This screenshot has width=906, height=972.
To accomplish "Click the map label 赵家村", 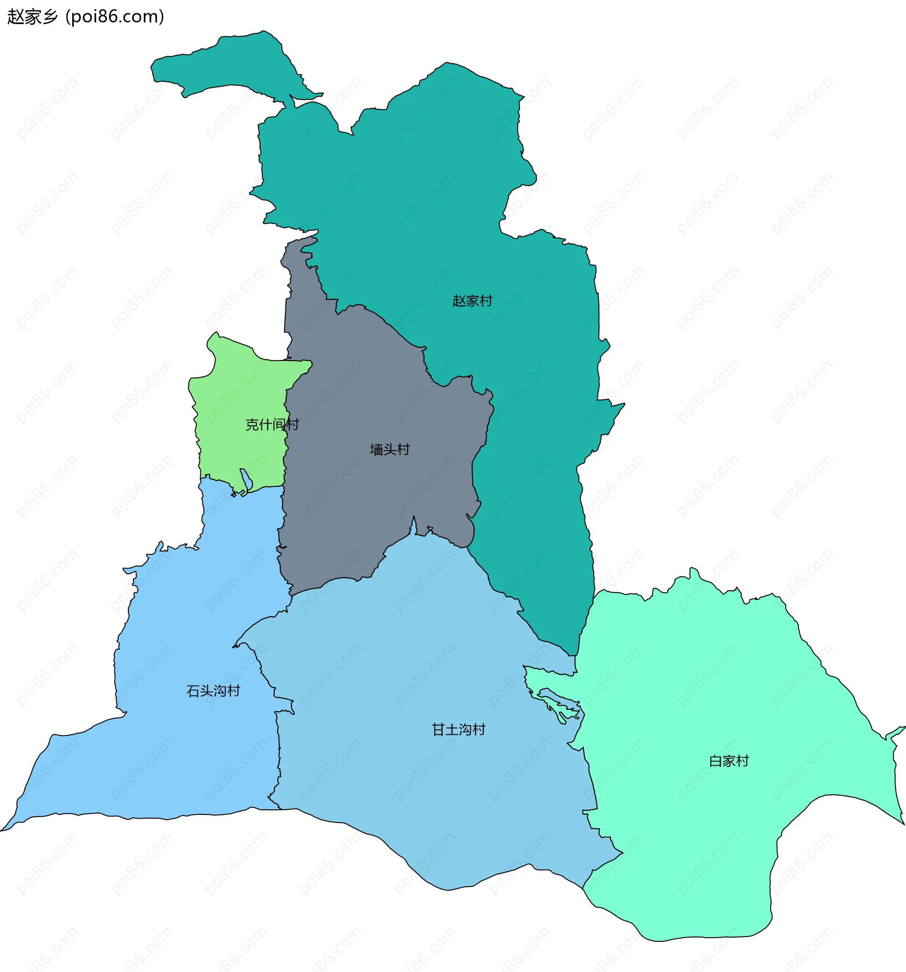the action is (x=472, y=301).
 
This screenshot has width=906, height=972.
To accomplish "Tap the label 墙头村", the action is (x=389, y=449).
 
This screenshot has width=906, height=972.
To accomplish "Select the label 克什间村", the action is (x=271, y=424).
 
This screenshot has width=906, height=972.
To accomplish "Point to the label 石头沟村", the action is (x=213, y=691).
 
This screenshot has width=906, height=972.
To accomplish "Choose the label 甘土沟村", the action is (x=458, y=729).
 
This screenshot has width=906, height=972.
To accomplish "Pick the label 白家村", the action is (x=729, y=761).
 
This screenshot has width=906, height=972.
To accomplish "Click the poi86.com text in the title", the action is (x=115, y=17).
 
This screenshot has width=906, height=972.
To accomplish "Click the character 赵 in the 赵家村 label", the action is (x=459, y=301).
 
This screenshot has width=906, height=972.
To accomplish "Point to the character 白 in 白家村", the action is (x=715, y=761).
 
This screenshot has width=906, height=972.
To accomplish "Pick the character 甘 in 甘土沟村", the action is (x=438, y=729).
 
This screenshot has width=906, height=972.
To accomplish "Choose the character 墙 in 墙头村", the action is (x=377, y=449).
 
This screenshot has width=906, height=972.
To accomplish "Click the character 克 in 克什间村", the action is (x=252, y=424).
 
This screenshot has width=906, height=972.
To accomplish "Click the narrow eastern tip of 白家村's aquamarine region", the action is (x=898, y=730).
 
